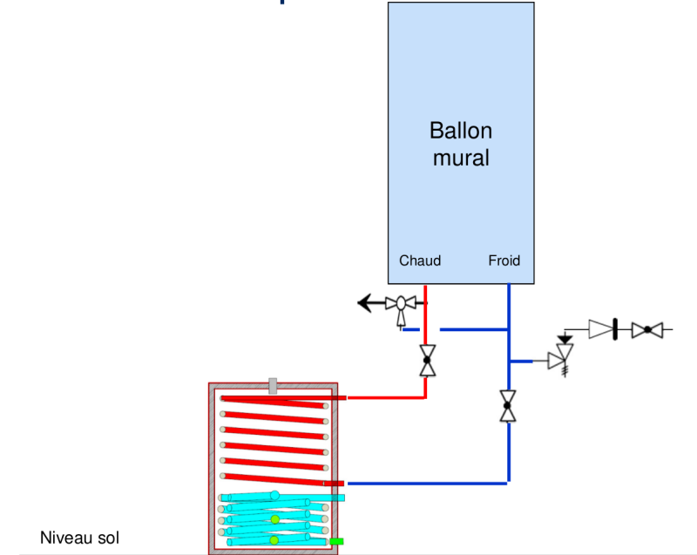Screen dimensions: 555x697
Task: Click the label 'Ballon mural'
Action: pyautogui.click(x=460, y=144)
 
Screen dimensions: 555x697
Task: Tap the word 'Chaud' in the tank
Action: pyautogui.click(x=420, y=261)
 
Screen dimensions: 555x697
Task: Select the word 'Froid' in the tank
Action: pyautogui.click(x=504, y=261)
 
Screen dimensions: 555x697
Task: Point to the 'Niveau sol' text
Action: pyautogui.click(x=79, y=538)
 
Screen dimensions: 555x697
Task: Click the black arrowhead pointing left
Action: pyautogui.click(x=366, y=303)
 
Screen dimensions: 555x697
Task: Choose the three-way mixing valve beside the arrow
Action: pyautogui.click(x=402, y=306)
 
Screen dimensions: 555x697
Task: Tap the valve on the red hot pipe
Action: pyautogui.click(x=427, y=359)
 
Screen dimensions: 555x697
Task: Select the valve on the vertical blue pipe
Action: pyautogui.click(x=508, y=405)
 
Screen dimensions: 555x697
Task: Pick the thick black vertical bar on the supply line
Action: pyautogui.click(x=615, y=330)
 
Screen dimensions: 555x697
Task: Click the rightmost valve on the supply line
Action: pyautogui.click(x=647, y=330)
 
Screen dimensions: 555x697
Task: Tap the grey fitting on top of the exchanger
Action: pyautogui.click(x=273, y=386)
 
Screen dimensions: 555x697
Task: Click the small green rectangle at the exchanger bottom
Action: pyautogui.click(x=335, y=541)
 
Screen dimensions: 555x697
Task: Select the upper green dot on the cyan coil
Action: pyautogui.click(x=274, y=519)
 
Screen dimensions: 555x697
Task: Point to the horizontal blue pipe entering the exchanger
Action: pyautogui.click(x=427, y=483)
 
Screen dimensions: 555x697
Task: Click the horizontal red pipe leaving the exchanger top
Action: pyautogui.click(x=383, y=397)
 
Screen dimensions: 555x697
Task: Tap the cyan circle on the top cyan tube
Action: pyautogui.click(x=274, y=496)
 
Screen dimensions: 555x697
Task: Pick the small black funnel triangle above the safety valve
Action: pyautogui.click(x=565, y=338)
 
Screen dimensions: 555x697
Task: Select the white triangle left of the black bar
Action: pyautogui.click(x=600, y=329)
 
